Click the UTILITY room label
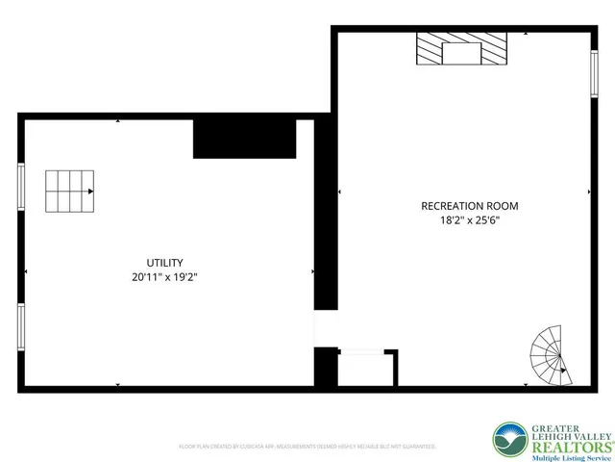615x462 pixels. pyautogui.click(x=165, y=263)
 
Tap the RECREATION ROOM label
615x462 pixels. pyautogui.click(x=470, y=206)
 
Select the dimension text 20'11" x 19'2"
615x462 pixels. pyautogui.click(x=165, y=277)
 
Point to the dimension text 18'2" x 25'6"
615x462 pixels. pyautogui.click(x=470, y=220)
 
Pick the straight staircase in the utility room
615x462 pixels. pyautogui.click(x=70, y=192)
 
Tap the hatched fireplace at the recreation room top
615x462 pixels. pyautogui.click(x=460, y=49)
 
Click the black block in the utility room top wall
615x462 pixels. pyautogui.click(x=243, y=139)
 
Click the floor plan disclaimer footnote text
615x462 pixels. pyautogui.click(x=307, y=447)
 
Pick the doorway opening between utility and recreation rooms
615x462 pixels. pyautogui.click(x=327, y=328)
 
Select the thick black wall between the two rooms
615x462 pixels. pyautogui.click(x=327, y=221)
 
